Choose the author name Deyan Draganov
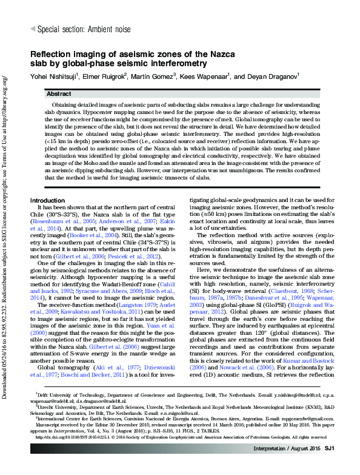(x=273, y=77)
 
